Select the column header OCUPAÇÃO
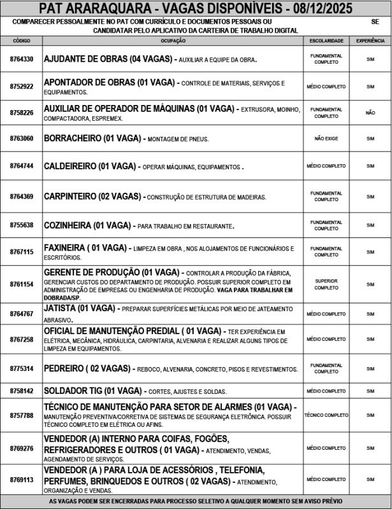173,41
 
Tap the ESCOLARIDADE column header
326,41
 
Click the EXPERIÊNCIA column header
370,41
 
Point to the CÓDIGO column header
22,41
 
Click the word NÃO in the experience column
370,113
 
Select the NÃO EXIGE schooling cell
326,138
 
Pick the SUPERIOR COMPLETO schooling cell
326,284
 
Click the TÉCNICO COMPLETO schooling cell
326,415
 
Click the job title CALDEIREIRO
70,166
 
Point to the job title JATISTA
59,308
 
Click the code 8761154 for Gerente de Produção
22,284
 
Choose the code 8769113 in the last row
22,479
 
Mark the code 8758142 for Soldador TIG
22,390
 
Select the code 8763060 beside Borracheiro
22,138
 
